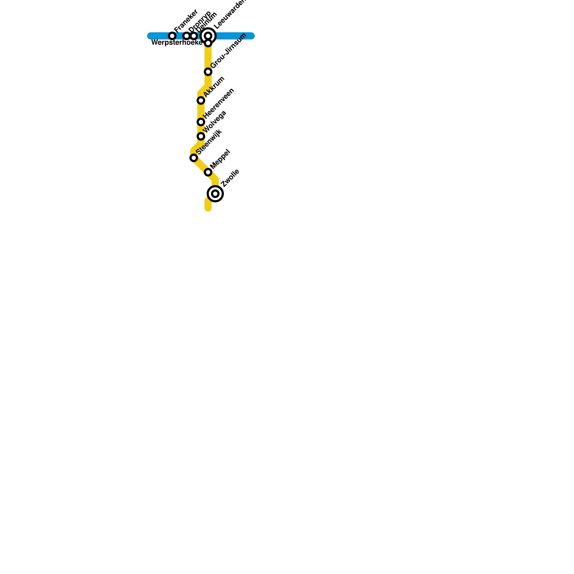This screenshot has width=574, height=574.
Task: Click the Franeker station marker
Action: pos(172,36)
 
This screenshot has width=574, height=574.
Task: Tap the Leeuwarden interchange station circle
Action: pos(208,36)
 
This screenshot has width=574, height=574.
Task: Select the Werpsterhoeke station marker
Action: pos(208,43)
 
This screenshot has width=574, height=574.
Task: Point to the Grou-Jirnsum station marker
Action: pos(208,72)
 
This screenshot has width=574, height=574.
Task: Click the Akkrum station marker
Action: pos(201,100)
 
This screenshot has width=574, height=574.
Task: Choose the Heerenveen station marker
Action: pos(201,122)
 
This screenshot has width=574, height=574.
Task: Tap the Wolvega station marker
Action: pos(201,136)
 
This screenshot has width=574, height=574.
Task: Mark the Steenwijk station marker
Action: pos(194,158)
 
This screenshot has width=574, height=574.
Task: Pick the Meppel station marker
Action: pos(208,173)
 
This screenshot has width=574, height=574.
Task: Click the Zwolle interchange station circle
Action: pos(215,194)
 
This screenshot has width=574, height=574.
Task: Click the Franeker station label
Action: pos(186,21)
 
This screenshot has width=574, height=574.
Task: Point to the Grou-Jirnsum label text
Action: pos(229,51)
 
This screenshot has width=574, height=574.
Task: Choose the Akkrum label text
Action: pos(214,86)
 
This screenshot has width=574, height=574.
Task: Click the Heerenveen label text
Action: pos(219,103)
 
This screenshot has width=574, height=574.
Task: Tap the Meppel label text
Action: pos(220,159)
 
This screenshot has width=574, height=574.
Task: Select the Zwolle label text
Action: pos(230,178)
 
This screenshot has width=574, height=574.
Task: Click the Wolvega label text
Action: pos(215,121)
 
